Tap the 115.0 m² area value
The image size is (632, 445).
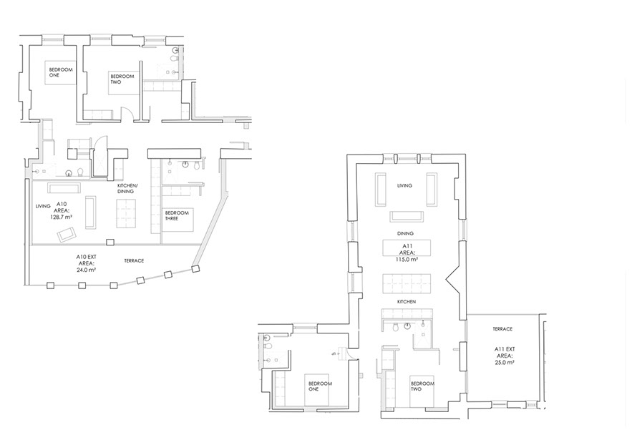pyautogui.click(x=407, y=260)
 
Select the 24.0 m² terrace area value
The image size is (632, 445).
pyautogui.click(x=87, y=270)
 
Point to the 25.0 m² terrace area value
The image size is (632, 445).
pyautogui.click(x=504, y=363)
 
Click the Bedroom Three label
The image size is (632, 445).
pyautogui.click(x=177, y=215)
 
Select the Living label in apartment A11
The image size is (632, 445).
pyautogui.click(x=404, y=185)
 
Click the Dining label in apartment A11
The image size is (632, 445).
pyautogui.click(x=405, y=233)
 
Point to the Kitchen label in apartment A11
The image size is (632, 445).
pyautogui.click(x=407, y=302)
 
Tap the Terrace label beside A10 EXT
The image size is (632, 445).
pyautogui.click(x=134, y=261)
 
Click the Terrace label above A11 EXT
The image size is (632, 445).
pyautogui.click(x=502, y=329)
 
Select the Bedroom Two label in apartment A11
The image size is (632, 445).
pyautogui.click(x=422, y=386)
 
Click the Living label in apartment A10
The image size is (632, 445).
pyautogui.click(x=43, y=206)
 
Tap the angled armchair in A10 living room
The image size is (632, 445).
pyautogui.click(x=67, y=235)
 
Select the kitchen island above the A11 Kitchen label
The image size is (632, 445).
pyautogui.click(x=406, y=284)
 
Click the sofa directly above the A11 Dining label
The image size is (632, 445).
pyautogui.click(x=407, y=216)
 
